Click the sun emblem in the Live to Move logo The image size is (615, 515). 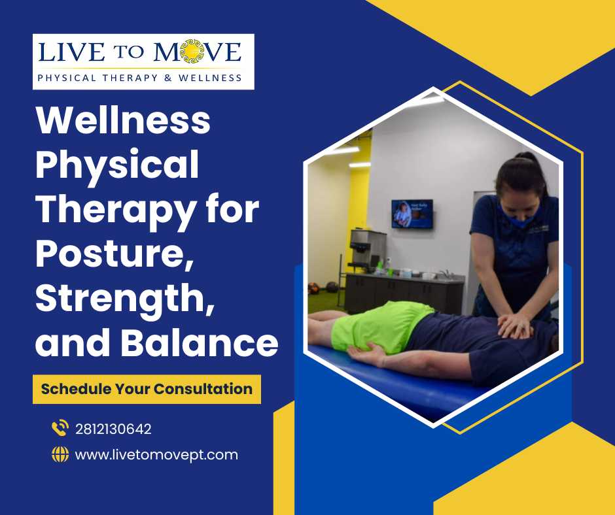click(192, 52)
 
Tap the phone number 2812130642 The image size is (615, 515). click(113, 429)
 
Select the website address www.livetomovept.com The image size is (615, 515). click(156, 455)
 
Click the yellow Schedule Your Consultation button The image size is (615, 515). click(147, 389)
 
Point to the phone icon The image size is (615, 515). click(60, 428)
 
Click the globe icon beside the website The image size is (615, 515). click(60, 455)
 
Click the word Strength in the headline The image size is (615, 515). click(125, 299)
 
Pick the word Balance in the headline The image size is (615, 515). click(200, 342)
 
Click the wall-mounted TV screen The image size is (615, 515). click(412, 214)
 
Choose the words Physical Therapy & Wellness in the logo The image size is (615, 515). click(139, 78)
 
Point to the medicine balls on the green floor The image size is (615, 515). click(323, 288)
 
